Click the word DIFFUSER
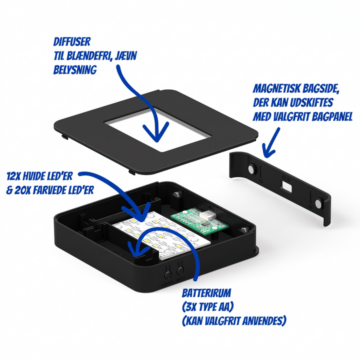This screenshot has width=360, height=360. [72, 42]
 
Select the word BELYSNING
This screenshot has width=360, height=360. [75, 70]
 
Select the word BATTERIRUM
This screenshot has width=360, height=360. [206, 293]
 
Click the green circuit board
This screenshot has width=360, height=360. [199, 221]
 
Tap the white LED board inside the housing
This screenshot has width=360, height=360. [161, 234]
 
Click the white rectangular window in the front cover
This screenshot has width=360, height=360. [156, 129]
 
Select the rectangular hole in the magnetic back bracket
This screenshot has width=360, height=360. [286, 186]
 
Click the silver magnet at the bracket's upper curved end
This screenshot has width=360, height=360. [251, 169]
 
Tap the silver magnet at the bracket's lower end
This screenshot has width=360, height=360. [318, 203]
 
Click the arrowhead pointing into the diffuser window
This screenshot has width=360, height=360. [156, 132]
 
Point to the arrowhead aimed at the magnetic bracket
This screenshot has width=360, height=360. [268, 151]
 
